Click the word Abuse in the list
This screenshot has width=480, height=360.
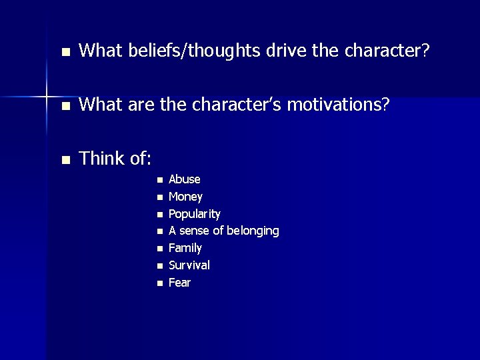185,179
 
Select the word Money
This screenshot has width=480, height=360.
186,197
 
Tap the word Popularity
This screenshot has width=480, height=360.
195,214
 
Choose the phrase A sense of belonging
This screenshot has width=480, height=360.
224,231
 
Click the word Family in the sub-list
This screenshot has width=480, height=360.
185,248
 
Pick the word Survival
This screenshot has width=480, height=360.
189,265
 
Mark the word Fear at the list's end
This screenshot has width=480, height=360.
180,283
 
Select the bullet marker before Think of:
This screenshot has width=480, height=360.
65,160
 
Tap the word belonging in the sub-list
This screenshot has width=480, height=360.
253,231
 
